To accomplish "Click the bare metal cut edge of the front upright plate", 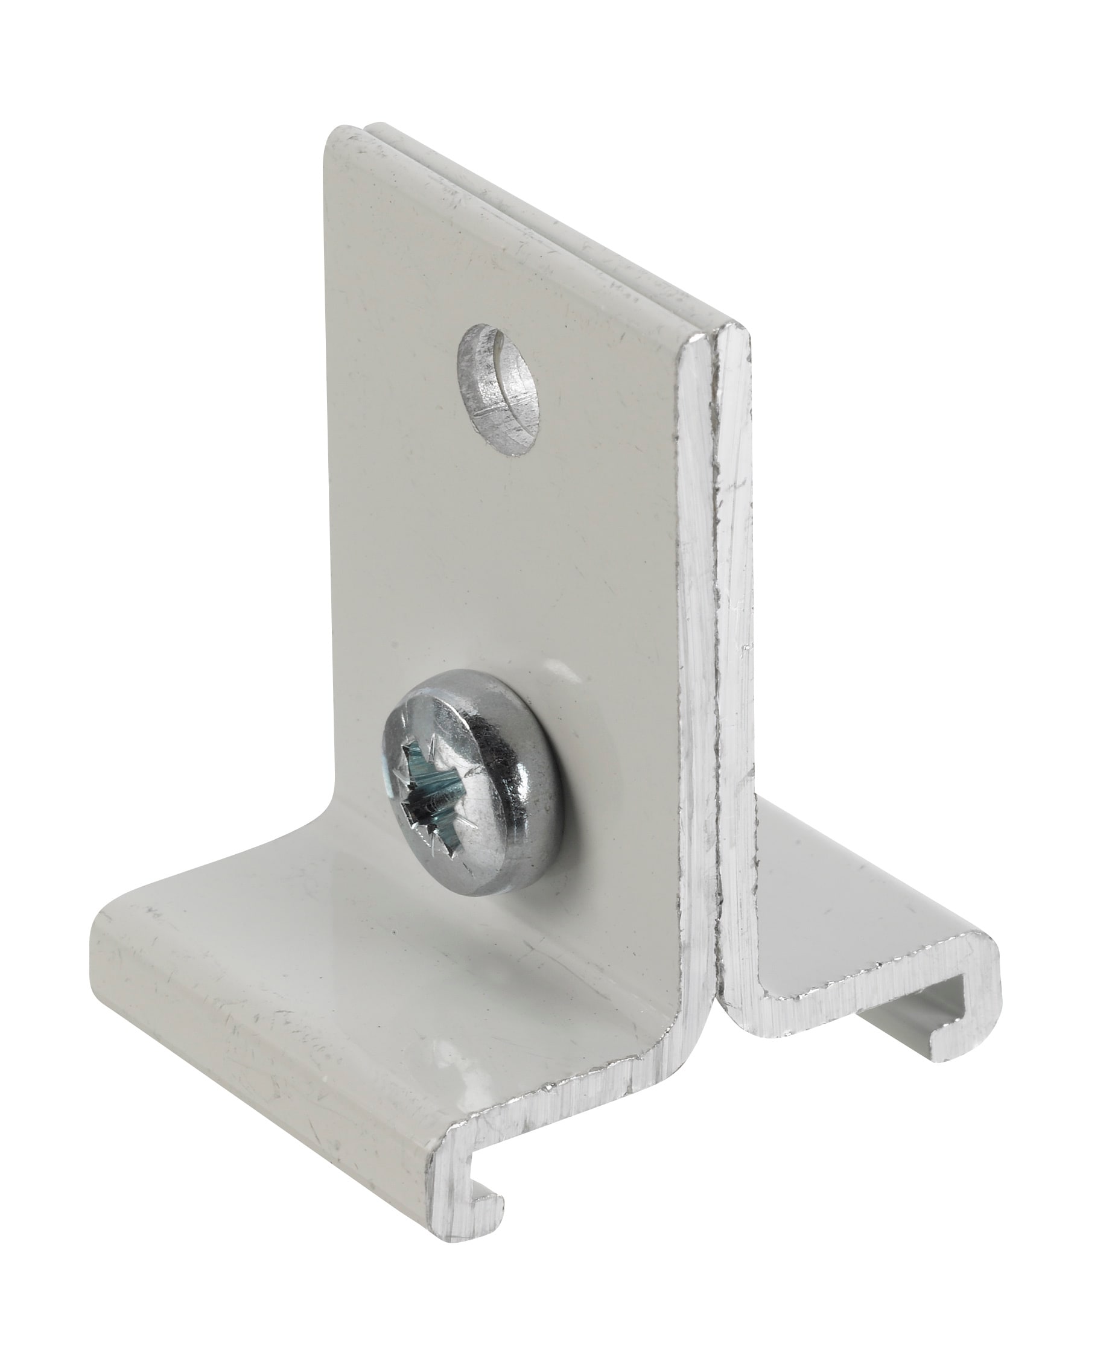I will (694, 642).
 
